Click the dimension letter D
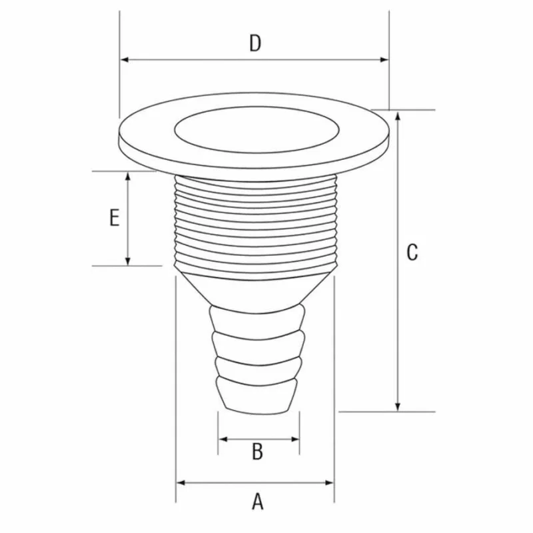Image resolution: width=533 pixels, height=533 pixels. [x=255, y=43]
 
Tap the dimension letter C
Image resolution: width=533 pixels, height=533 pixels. [x=412, y=253]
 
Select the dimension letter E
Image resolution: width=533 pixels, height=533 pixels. [x=115, y=218]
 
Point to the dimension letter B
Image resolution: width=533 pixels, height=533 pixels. [x=258, y=452]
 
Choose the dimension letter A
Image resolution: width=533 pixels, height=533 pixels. [x=258, y=502]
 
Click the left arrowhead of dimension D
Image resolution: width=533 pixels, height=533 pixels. [x=125, y=60]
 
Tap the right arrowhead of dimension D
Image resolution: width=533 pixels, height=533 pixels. [x=384, y=60]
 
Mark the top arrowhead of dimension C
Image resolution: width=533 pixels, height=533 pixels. [x=398, y=116]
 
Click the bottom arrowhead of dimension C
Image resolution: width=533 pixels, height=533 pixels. [x=398, y=406]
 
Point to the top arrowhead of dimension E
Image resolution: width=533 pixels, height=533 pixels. [x=128, y=177]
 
